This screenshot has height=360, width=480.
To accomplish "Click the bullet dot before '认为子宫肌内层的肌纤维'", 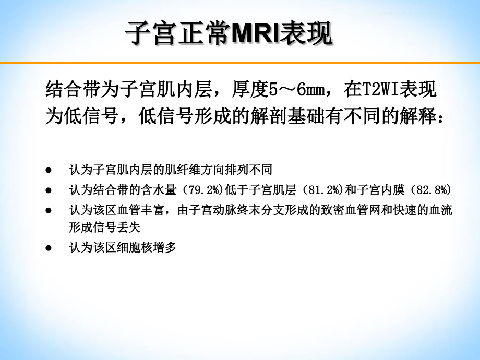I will tap(49, 170).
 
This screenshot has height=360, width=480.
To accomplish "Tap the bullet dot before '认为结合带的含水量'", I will tap(49, 189).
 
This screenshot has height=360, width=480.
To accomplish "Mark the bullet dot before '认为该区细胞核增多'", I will tap(49, 247).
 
